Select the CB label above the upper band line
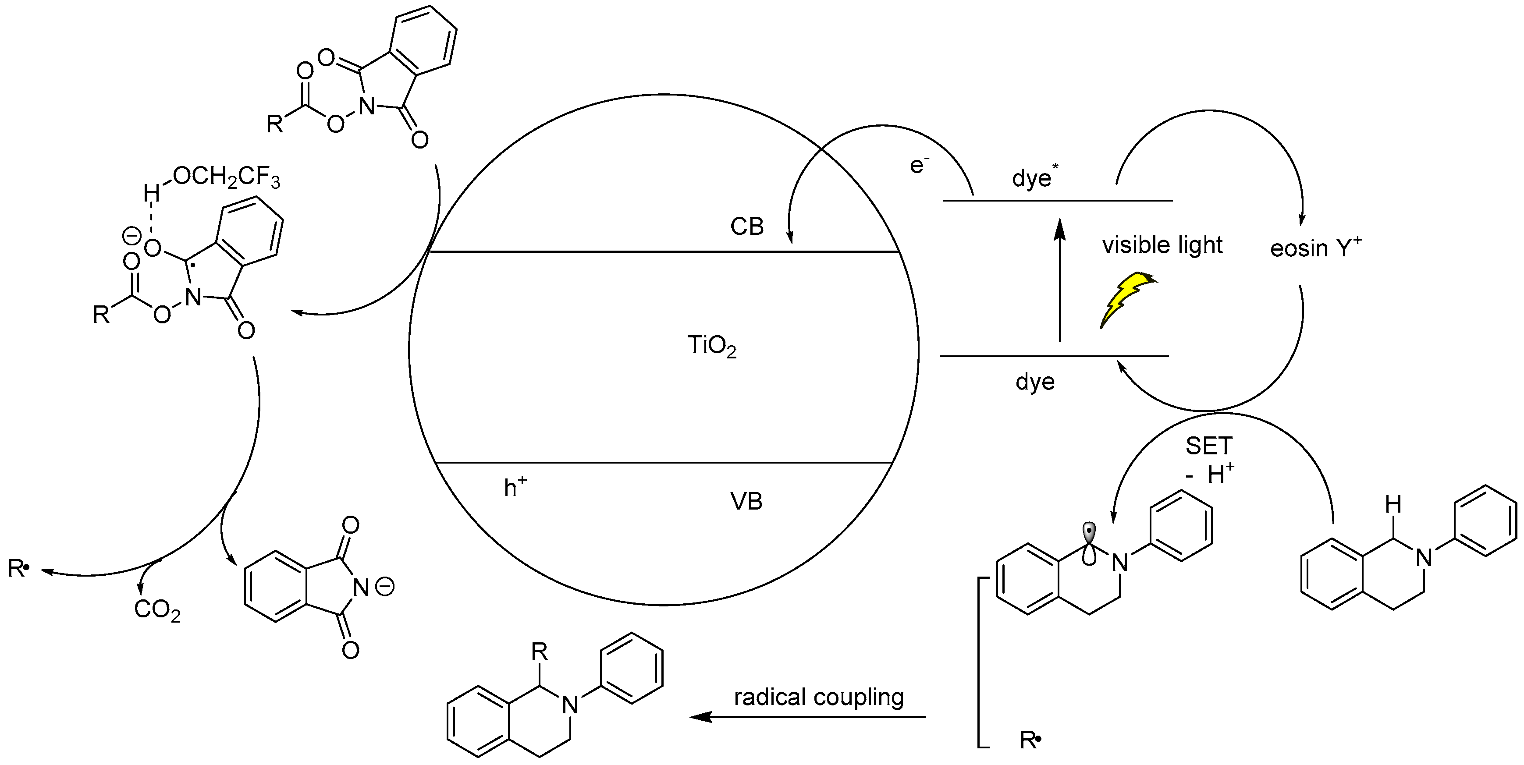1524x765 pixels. pos(746,227)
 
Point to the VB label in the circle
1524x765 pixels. pos(746,501)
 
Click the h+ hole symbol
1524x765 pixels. pos(515,487)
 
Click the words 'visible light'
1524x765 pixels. pos(1162,245)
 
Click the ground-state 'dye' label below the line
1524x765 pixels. pos(1035,382)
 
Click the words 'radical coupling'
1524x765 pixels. pos(819,698)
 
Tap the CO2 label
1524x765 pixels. pos(157,610)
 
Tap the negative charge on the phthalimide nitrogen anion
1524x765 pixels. pos(385,587)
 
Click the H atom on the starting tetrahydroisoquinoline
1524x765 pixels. pos(1393,504)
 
